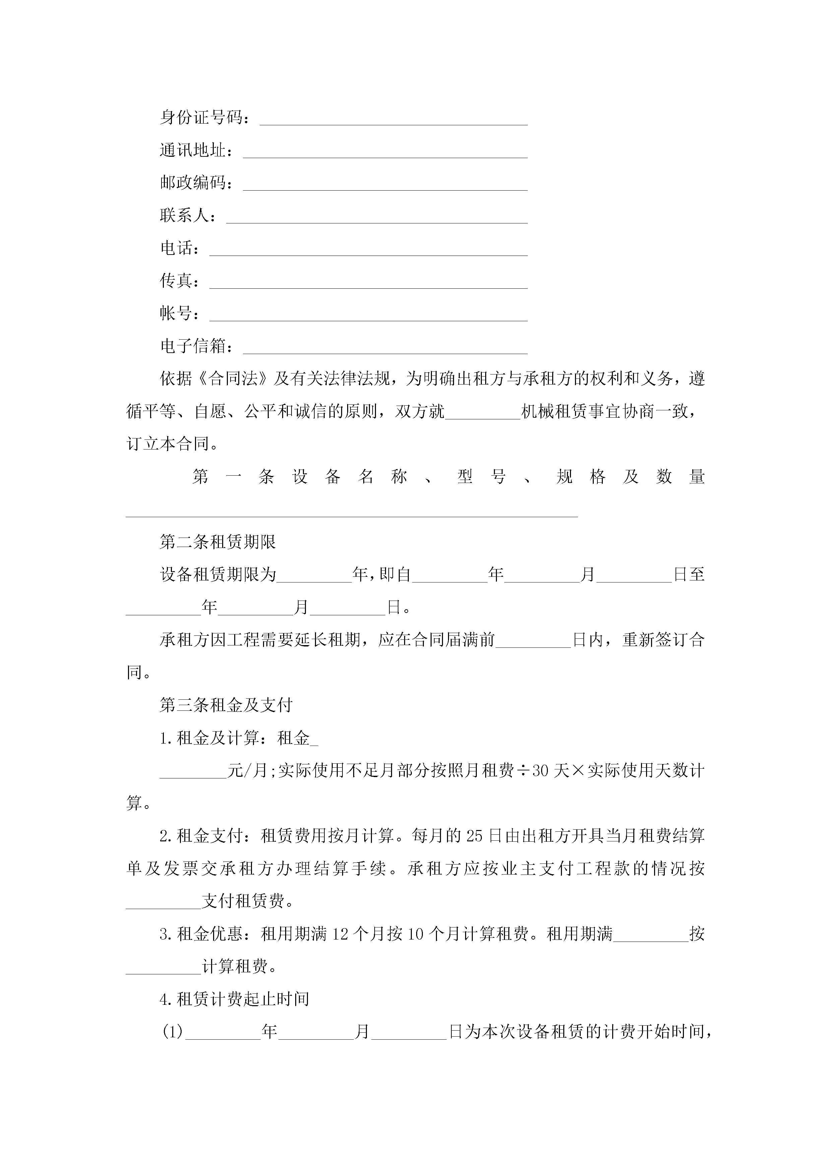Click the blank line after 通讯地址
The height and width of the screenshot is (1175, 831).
tap(385, 151)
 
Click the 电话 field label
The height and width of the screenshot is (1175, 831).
tap(176, 248)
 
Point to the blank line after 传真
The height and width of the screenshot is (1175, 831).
tap(369, 282)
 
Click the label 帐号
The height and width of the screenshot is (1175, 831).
tap(176, 313)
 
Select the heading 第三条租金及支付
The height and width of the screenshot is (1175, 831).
tap(226, 706)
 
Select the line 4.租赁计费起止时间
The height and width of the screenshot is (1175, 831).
tap(235, 999)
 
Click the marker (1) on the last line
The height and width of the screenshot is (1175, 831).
tap(173, 1032)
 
